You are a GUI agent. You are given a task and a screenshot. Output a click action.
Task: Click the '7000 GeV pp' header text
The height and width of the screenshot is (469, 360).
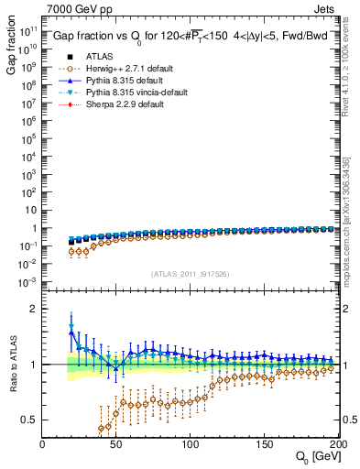click(75, 8)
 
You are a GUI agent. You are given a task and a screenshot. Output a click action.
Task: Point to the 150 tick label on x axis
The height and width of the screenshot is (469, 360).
click(265, 444)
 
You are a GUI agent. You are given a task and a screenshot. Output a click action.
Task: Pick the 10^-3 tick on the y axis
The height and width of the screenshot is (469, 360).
click(27, 281)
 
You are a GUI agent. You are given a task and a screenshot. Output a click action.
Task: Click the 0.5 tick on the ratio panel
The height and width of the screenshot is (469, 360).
click(29, 420)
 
